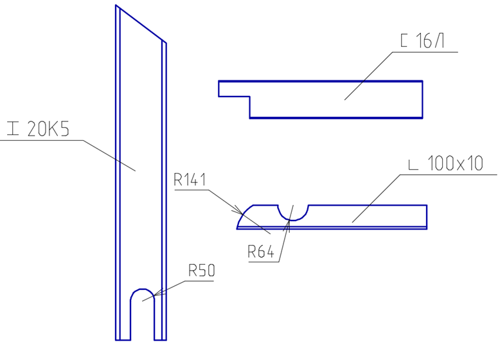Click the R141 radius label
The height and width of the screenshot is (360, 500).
point(190,180)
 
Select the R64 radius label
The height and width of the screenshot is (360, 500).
point(261,251)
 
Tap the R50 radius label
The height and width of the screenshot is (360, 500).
point(202,271)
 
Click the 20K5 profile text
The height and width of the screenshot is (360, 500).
point(48,129)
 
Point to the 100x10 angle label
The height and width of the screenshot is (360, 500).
point(455,163)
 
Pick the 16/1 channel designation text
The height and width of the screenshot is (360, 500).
point(430,40)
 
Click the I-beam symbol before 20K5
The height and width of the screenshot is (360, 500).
point(13,129)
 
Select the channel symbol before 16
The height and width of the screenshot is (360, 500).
point(404,40)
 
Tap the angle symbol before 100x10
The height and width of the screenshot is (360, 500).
point(413,165)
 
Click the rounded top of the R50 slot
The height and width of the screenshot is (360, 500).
point(143,289)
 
